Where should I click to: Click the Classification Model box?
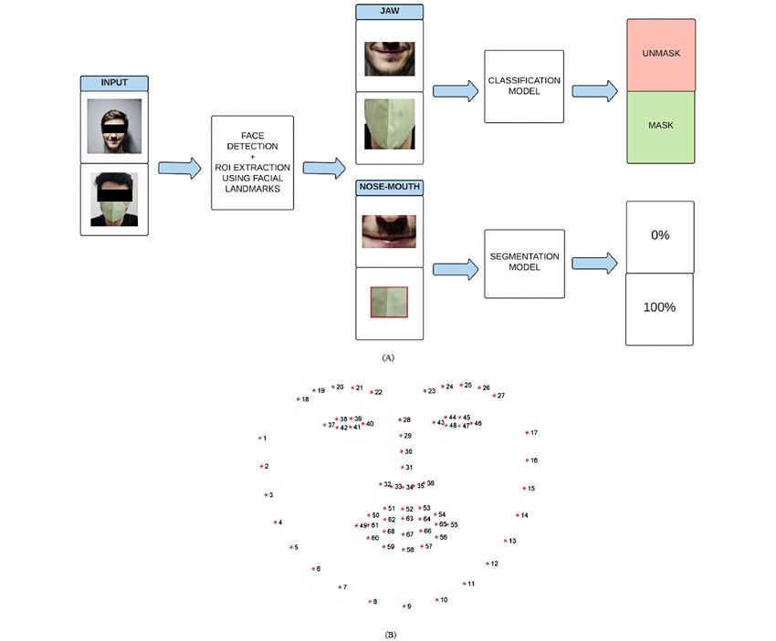[524, 87]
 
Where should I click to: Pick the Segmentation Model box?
[524, 264]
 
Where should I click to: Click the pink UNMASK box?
[660, 54]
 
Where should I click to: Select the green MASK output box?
[660, 126]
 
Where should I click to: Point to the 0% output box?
[660, 236]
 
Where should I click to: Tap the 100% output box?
[660, 308]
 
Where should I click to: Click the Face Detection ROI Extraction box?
[252, 162]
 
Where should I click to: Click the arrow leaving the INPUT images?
[179, 168]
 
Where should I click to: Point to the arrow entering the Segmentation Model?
[456, 268]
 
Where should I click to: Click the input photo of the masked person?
[114, 200]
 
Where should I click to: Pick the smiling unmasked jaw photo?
[389, 58]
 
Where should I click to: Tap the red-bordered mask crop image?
[389, 302]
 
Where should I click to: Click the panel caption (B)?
[390, 633]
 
